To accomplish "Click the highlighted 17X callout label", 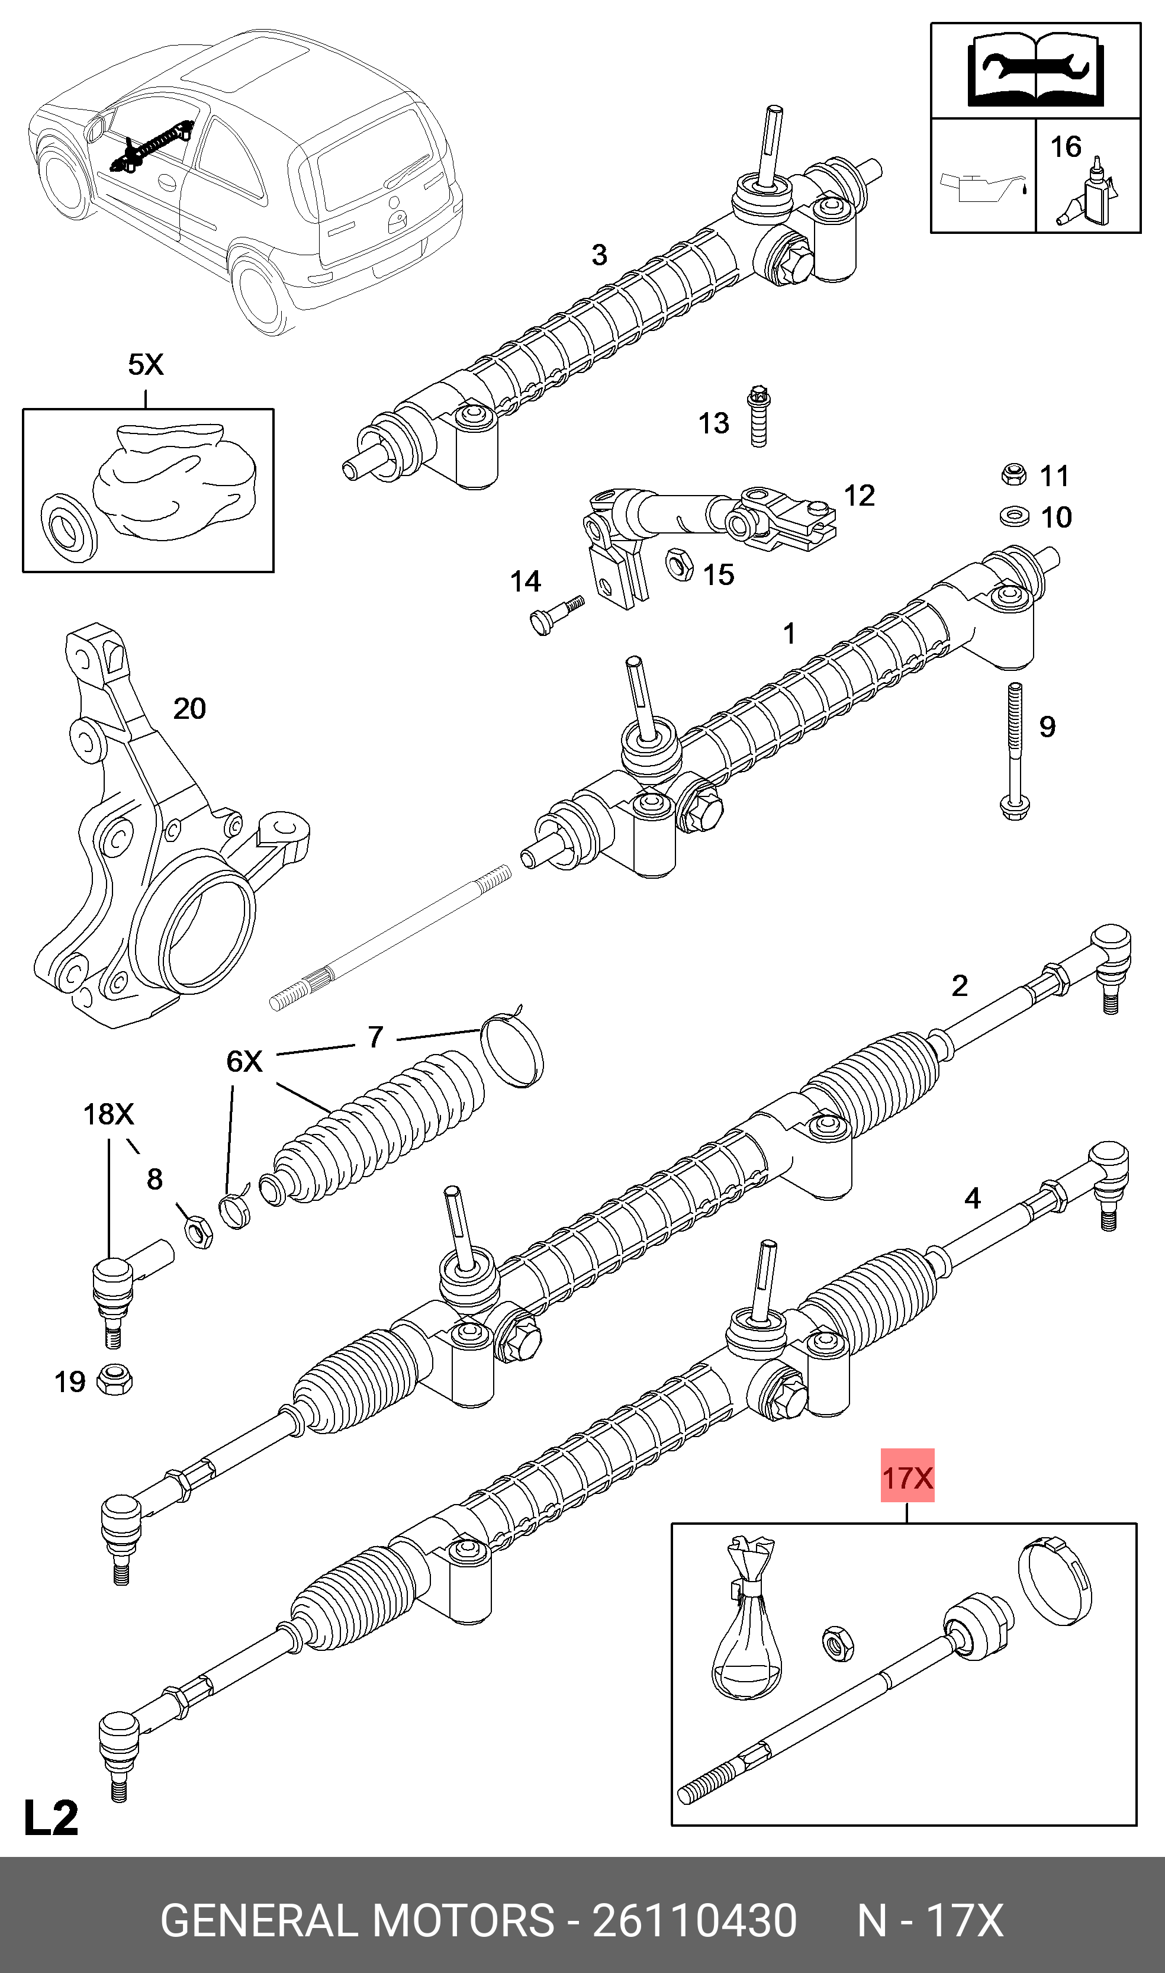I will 907,1477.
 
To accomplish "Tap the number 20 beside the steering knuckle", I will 189,709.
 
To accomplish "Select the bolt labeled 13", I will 758,416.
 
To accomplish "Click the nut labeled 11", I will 1013,474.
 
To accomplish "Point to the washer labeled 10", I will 1014,516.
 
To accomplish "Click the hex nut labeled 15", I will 679,564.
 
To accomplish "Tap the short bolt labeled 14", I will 555,614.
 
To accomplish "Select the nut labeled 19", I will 115,1380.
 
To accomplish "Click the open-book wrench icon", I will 1035,69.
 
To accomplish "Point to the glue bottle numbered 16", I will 1091,195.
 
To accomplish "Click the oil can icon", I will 983,188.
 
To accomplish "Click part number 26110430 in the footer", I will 694,1920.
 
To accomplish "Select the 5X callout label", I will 146,364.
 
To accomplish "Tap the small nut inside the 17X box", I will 837,1643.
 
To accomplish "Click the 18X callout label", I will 108,1114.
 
